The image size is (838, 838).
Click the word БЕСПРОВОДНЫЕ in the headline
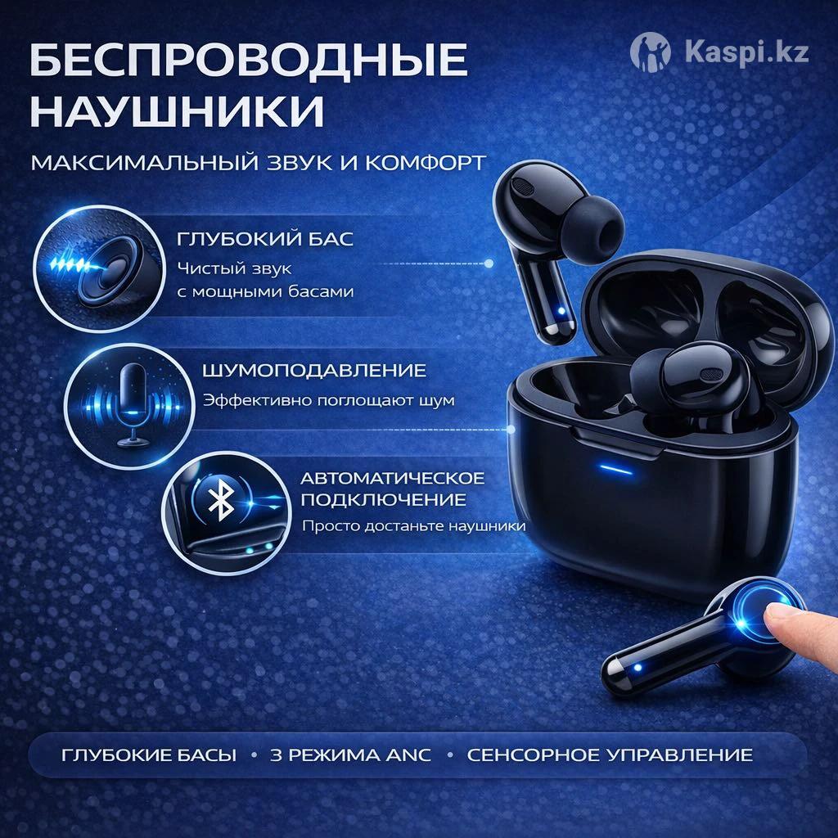point(249,61)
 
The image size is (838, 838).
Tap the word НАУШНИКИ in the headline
point(177,110)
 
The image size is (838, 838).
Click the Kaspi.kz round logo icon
point(650,52)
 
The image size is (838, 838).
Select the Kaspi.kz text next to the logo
point(746,52)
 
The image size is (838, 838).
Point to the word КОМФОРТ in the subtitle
point(426,163)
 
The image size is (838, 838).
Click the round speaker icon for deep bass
point(100,268)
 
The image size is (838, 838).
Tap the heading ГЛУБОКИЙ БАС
point(265,239)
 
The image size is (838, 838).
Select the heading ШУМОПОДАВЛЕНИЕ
point(314,371)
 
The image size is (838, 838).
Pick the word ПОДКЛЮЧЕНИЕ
point(384,500)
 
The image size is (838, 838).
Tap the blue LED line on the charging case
point(615,471)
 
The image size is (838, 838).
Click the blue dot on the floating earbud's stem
point(561,311)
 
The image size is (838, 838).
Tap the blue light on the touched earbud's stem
point(637,668)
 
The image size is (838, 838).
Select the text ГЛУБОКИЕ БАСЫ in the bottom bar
point(149,755)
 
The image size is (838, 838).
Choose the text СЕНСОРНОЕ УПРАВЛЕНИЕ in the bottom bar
point(610,755)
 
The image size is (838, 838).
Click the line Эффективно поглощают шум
point(329,400)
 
